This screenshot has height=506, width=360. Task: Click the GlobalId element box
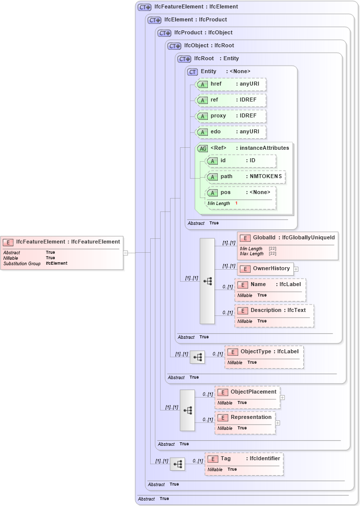coord(287,238)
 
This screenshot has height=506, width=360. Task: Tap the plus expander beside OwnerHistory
coord(296,269)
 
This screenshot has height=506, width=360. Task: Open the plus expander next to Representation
coord(278,423)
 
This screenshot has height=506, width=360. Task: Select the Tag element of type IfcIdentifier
coord(244,458)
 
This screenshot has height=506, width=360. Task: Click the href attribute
coord(231,84)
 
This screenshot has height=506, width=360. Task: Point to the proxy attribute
coord(231,116)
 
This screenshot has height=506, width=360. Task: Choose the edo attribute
coord(231,132)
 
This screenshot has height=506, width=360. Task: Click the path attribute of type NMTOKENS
coord(246,177)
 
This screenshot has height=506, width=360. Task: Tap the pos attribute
coord(241,193)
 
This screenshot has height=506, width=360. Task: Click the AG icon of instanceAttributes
coord(202,148)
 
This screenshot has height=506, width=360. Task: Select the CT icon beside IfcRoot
coord(184,59)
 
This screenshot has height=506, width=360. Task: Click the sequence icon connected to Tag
coord(178,464)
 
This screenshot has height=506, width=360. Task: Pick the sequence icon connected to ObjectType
coord(197,357)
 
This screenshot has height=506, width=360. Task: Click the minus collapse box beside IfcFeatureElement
coord(125,253)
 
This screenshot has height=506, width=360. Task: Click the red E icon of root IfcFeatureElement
coord(8,242)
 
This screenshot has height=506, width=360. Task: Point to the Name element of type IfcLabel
coord(270,285)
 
